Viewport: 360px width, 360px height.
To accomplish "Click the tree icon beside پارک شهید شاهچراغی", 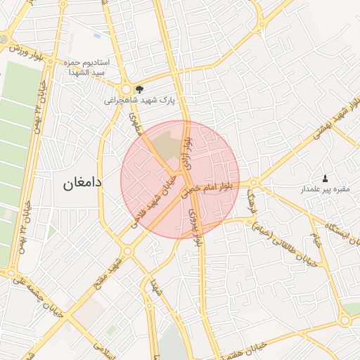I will pyautogui.click(x=139, y=89).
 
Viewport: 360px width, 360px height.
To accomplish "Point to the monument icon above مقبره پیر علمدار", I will pyautogui.click(x=325, y=178).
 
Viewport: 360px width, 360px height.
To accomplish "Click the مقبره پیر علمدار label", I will pyautogui.click(x=325, y=190).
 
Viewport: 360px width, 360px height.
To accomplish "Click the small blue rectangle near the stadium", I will pyautogui.click(x=96, y=35).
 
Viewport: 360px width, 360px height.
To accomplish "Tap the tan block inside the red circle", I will pyautogui.click(x=167, y=145).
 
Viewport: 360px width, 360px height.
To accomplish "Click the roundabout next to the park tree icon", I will pyautogui.click(x=127, y=90).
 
